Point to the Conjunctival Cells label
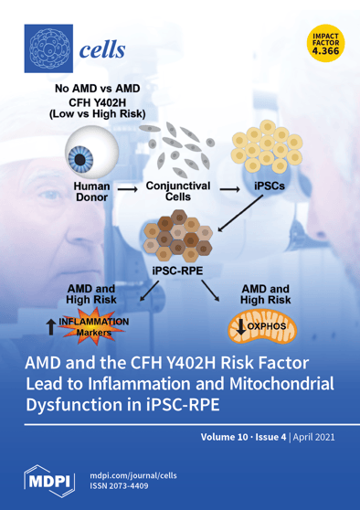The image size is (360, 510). coord(177,190)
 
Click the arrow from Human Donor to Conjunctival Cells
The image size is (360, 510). coord(129,192)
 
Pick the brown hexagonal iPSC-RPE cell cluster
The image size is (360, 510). coord(179,239)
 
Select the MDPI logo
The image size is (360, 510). coord(49,480)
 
